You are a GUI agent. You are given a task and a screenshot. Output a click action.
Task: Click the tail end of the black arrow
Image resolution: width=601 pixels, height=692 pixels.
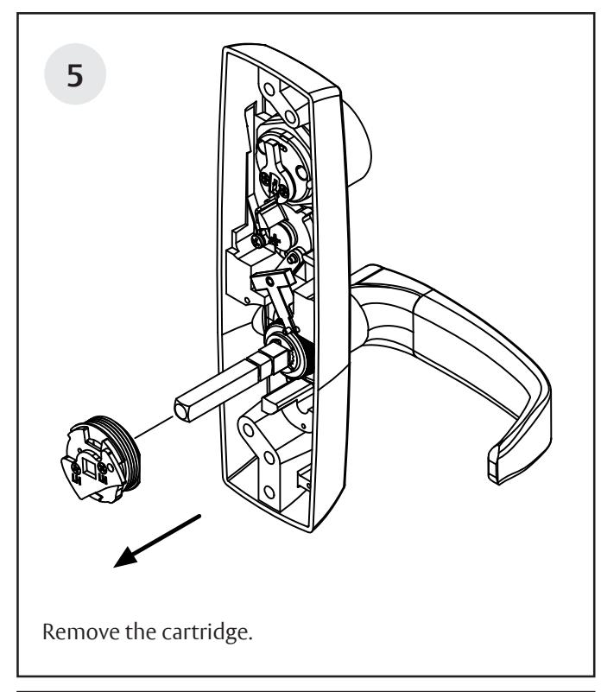201,517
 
